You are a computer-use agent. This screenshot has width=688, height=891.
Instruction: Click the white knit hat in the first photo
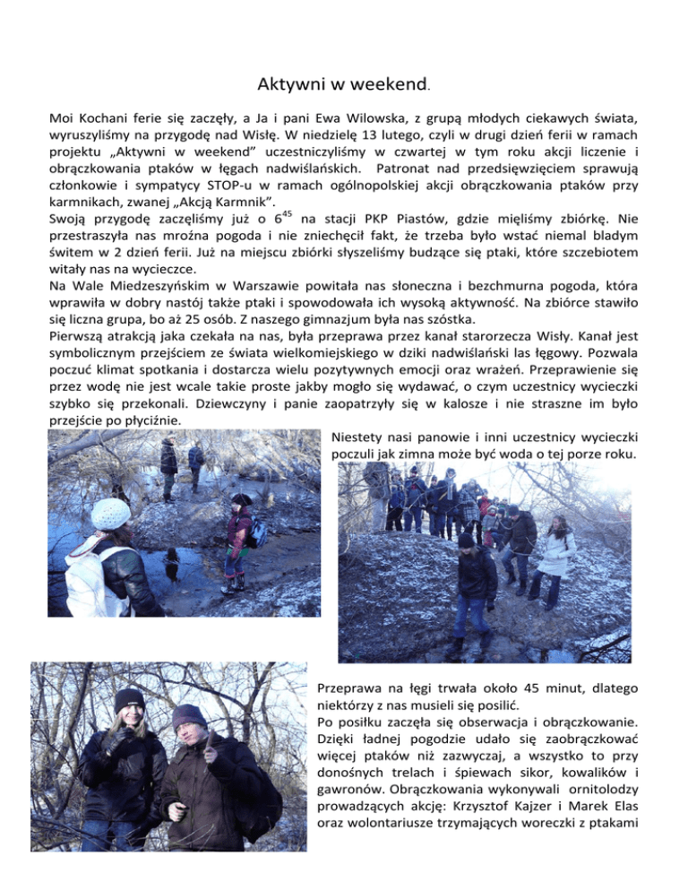point(111,514)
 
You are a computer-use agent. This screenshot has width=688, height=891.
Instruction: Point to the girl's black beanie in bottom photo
point(130,699)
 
